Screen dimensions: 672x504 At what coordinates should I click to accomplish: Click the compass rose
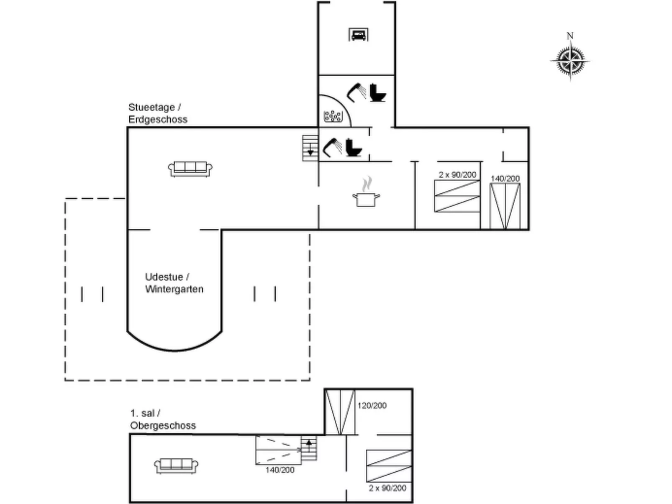[570, 61]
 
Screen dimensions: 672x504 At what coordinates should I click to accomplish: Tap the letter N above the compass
[570, 36]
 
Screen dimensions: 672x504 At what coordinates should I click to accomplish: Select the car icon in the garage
[358, 35]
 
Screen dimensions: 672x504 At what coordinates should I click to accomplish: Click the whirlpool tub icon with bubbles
[333, 116]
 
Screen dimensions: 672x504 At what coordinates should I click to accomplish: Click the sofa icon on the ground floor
[190, 169]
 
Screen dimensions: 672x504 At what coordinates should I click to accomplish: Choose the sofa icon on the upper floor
[176, 466]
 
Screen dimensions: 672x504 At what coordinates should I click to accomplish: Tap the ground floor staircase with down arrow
[310, 148]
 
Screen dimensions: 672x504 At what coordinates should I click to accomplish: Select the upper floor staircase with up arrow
[309, 448]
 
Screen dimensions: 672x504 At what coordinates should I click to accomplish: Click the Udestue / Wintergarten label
[174, 283]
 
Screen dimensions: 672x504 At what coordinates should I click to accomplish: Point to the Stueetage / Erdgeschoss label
[158, 113]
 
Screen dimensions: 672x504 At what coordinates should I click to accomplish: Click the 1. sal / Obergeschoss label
[163, 419]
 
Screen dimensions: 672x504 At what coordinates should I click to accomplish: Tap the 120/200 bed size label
[372, 405]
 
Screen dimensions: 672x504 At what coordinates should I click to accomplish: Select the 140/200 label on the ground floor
[505, 179]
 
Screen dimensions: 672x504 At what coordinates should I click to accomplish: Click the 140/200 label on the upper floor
[280, 470]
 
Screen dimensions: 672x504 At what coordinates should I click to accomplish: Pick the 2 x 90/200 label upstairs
[387, 488]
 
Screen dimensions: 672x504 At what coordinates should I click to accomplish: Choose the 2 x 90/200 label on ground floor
[457, 175]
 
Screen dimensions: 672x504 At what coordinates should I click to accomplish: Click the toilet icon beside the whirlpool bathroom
[378, 92]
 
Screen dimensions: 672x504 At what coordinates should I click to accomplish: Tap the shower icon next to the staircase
[333, 148]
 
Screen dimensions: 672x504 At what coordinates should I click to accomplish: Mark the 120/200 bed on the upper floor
[340, 412]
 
